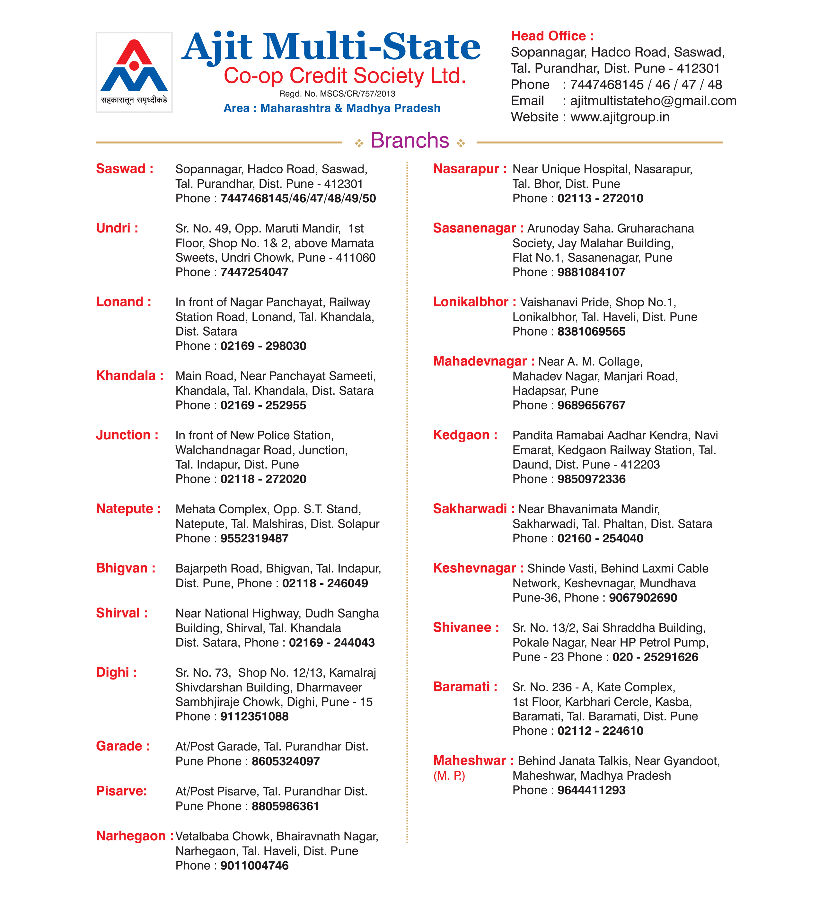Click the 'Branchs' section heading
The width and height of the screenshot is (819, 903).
(409, 141)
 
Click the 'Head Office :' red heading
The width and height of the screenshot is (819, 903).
(552, 36)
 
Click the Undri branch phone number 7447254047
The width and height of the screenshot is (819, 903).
(254, 272)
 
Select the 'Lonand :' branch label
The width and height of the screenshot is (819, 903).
(123, 302)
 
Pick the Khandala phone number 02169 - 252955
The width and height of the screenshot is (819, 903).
(263, 405)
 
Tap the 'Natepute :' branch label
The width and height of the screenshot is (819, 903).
(128, 509)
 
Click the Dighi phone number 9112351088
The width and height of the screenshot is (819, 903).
(254, 716)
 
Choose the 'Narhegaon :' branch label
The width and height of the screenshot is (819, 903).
(134, 836)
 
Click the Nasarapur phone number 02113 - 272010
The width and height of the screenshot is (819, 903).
(600, 198)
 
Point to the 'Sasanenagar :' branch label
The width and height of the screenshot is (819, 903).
(478, 228)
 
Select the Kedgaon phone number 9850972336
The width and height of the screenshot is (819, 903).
(591, 479)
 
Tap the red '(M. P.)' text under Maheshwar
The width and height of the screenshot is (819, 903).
(449, 776)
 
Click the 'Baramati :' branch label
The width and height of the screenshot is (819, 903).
(465, 687)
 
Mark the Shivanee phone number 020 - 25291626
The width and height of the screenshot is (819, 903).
(655, 657)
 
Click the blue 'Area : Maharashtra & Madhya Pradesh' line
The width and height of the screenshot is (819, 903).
(331, 109)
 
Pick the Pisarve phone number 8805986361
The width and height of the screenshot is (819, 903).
(286, 806)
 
